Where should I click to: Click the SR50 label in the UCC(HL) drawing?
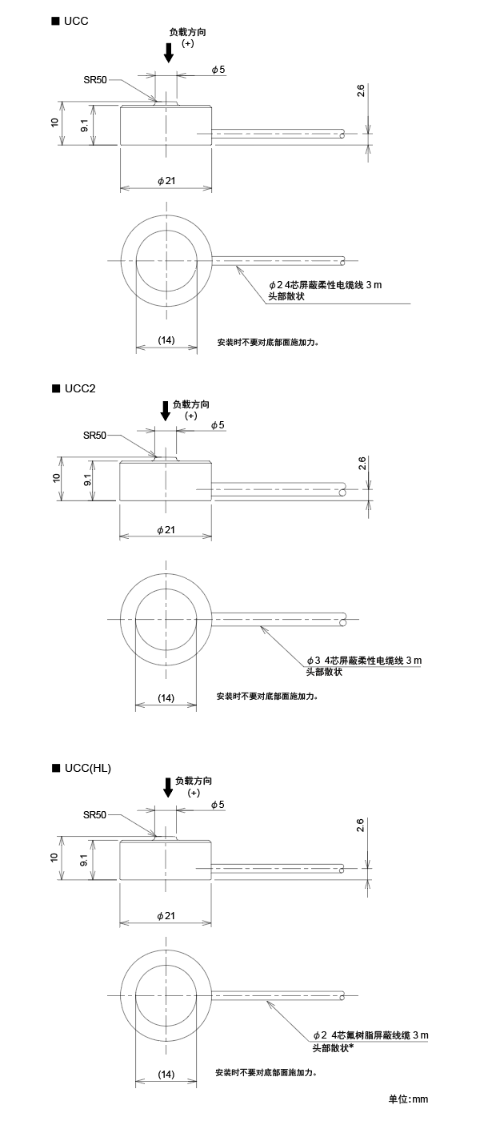click(x=94, y=815)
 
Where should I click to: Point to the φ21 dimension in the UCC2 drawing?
click(x=166, y=530)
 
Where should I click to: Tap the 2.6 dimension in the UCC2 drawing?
click(x=362, y=463)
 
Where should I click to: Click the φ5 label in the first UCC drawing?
click(x=218, y=70)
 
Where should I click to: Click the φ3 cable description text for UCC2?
click(x=363, y=661)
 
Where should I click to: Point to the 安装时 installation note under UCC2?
click(x=267, y=696)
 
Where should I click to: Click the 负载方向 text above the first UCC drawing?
click(x=193, y=33)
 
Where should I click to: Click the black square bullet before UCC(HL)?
click(x=56, y=768)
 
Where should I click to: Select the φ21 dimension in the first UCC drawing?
click(x=166, y=181)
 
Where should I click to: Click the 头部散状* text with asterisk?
click(x=333, y=1047)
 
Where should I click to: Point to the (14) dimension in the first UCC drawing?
click(x=166, y=340)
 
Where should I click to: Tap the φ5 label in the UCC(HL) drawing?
click(x=218, y=804)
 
